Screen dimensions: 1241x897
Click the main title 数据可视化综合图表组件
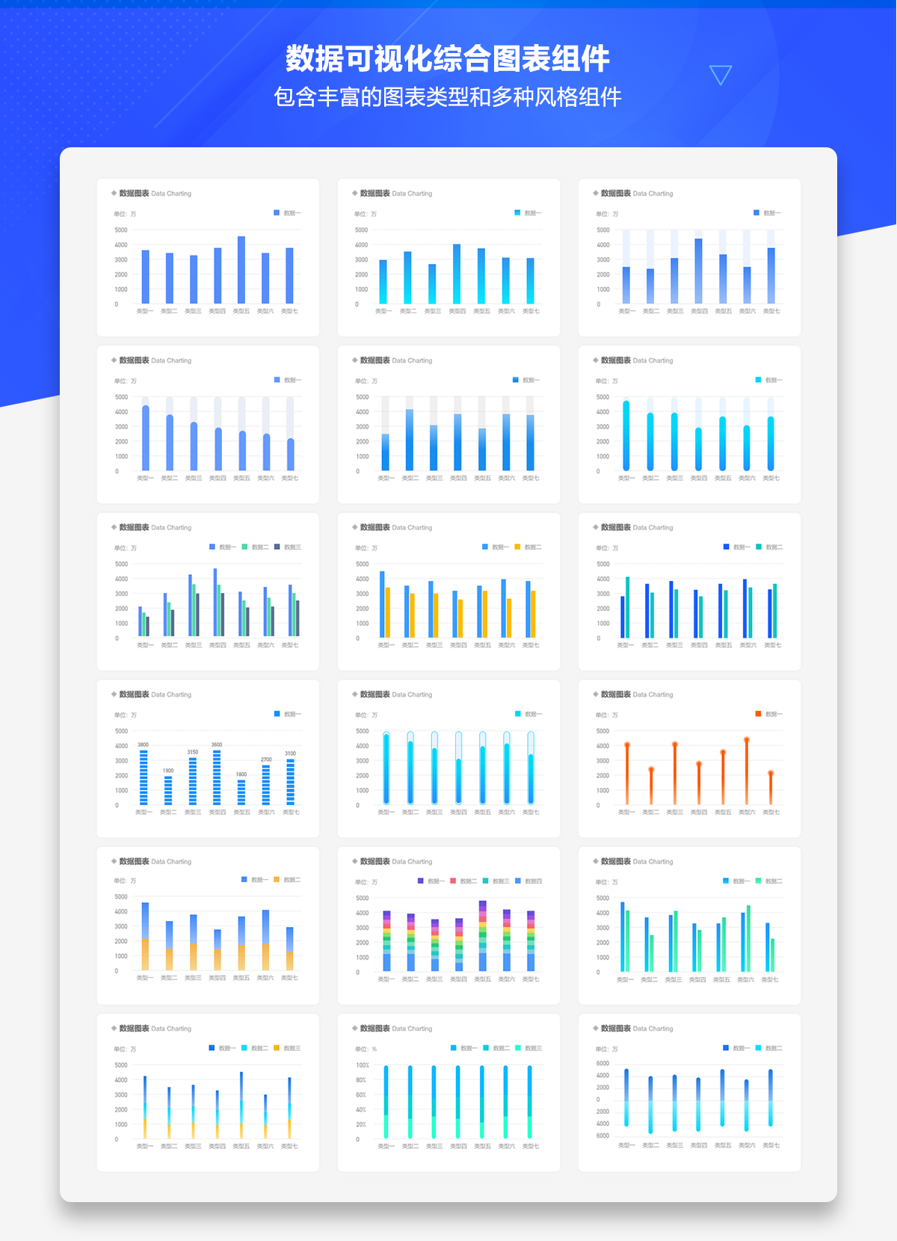tap(448, 58)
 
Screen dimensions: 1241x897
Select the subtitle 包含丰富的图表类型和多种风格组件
tap(448, 97)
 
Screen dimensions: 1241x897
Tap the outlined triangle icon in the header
tap(720, 74)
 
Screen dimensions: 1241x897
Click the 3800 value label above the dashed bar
tap(143, 745)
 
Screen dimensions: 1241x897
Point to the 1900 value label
tap(168, 770)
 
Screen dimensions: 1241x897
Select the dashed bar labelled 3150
tap(193, 780)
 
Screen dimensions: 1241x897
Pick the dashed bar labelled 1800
tap(241, 792)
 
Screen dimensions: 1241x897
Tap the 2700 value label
tap(266, 760)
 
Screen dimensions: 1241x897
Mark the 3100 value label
tap(290, 754)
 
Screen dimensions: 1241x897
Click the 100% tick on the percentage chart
tap(363, 1065)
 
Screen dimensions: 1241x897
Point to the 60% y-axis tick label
tap(361, 1094)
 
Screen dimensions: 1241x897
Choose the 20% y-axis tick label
tap(361, 1124)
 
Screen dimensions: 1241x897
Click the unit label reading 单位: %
tap(366, 1049)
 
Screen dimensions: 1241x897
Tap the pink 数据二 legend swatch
tap(453, 881)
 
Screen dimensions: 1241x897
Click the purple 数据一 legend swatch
tap(421, 881)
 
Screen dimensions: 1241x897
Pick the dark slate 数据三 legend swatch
tap(277, 546)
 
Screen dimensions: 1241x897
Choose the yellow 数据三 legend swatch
tap(277, 1047)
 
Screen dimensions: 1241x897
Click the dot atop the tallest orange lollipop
tap(747, 740)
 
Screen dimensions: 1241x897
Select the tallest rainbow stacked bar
tap(483, 936)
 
